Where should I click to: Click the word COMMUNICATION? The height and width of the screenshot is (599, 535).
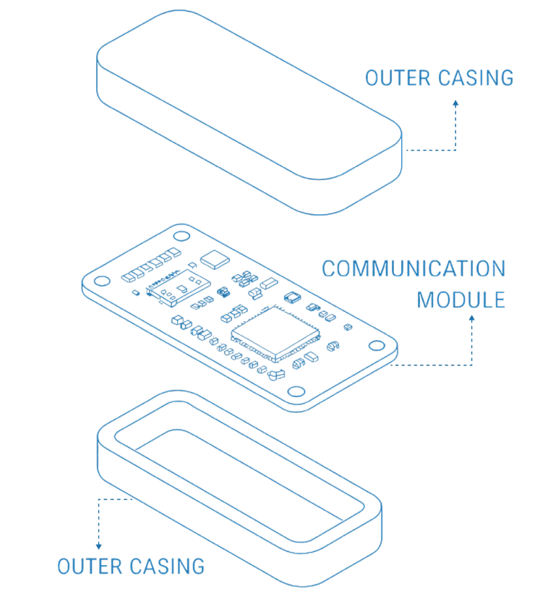[x=414, y=268]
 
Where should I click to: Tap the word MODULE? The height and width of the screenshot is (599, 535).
[x=461, y=300]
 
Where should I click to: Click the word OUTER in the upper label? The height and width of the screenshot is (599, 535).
[x=398, y=78]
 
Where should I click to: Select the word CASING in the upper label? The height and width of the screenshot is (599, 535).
[x=476, y=78]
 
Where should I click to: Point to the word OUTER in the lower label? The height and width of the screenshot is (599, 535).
[x=90, y=566]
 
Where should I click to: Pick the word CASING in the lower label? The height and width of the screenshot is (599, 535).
[x=168, y=566]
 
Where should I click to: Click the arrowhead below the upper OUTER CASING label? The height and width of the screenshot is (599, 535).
[x=455, y=103]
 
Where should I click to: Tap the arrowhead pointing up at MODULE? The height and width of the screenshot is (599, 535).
[x=472, y=318]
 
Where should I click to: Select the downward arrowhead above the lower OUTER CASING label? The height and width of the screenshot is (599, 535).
[x=99, y=546]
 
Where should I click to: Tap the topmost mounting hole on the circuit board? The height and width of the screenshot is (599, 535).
[x=181, y=236]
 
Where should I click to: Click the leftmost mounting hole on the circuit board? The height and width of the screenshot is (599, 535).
[x=102, y=281]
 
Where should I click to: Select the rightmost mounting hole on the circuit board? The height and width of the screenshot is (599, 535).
[x=377, y=346]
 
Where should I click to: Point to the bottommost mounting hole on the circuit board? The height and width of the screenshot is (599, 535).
[x=296, y=391]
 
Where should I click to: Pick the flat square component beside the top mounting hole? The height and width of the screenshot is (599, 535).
[x=215, y=260]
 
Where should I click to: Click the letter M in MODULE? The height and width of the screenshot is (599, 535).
[x=424, y=300]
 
